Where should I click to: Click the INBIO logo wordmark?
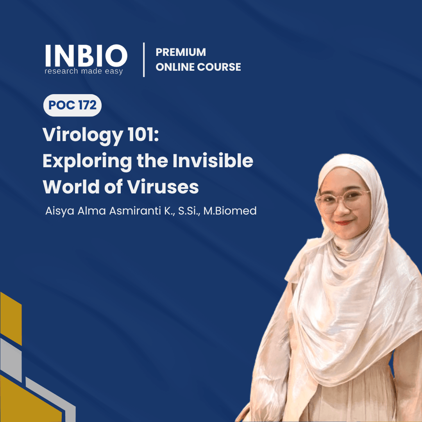coord(86,56)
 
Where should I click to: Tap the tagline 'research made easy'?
coord(84,71)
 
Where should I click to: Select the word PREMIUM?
coord(181,52)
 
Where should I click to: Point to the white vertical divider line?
coord(144,60)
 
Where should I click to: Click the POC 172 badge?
coord(72,105)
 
